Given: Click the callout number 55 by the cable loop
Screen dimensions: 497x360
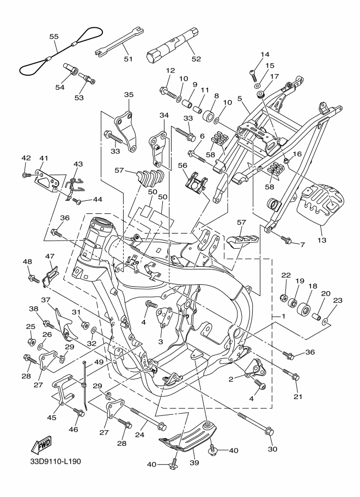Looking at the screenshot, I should [54, 36].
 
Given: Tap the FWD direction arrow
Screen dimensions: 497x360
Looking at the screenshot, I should [41, 446].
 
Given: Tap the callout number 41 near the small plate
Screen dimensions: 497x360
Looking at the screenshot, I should [44, 158].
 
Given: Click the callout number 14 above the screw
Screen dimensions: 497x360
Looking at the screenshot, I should [265, 54].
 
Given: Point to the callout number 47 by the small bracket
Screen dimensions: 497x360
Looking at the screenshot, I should [50, 256].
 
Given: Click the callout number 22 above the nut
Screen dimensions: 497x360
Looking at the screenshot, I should [285, 276].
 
